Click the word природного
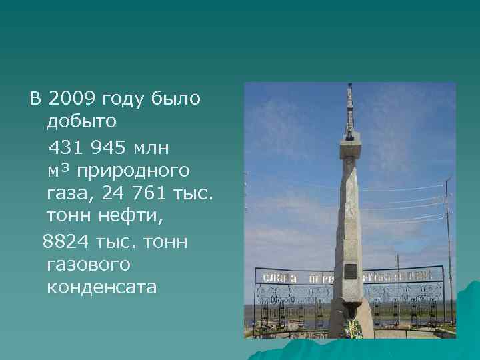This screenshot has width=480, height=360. (x=133, y=171)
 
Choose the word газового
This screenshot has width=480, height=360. (x=89, y=265)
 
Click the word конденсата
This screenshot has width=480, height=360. (x=102, y=287)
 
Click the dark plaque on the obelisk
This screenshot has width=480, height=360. (x=350, y=270)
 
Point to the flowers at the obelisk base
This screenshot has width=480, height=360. (x=352, y=327)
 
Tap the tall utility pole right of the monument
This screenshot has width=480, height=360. (x=449, y=247)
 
